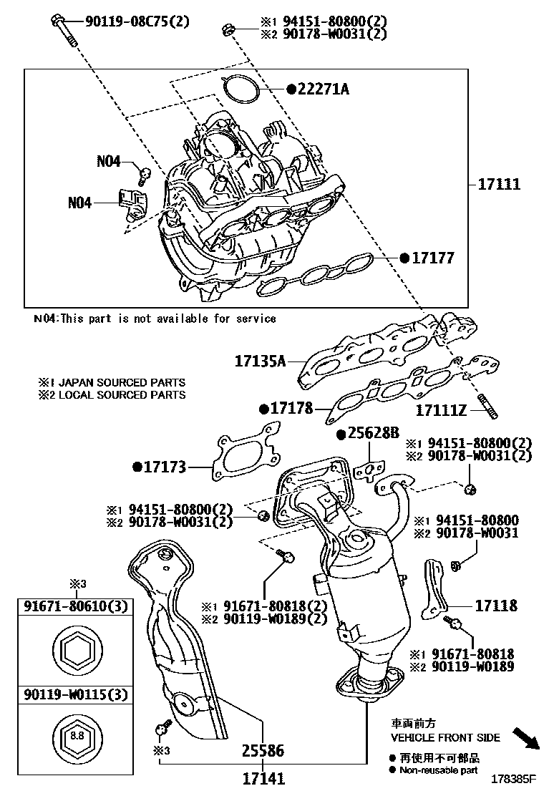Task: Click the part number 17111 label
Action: point(500,184)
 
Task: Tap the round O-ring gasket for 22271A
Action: point(241,90)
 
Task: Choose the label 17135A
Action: point(260,361)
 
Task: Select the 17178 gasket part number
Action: point(291,408)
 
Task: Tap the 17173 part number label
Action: point(164,467)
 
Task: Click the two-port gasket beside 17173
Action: point(244,455)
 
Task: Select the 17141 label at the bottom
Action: point(263,778)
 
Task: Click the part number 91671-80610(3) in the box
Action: point(74,607)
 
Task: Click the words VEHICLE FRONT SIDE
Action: point(445,737)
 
